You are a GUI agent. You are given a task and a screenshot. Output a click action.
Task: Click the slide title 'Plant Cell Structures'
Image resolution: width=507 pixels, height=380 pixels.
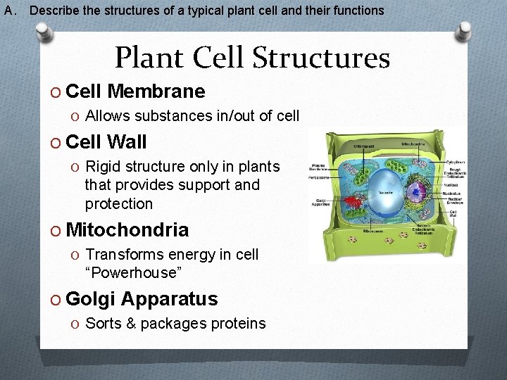(252, 58)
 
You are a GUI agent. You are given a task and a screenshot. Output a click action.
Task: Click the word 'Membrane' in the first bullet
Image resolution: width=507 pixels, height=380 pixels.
(158, 91)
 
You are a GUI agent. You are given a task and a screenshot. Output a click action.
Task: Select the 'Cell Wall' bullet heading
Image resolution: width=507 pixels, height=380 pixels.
(106, 142)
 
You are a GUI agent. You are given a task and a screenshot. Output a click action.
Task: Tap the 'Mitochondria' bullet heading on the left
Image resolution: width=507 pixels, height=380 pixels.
(127, 230)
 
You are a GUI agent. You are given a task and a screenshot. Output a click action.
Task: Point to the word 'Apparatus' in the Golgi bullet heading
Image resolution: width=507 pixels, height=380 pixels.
(169, 299)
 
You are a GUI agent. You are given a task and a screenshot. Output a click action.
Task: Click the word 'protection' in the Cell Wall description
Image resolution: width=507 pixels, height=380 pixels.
(118, 204)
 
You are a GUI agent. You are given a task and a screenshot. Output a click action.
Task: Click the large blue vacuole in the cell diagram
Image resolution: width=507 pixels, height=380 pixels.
(387, 190)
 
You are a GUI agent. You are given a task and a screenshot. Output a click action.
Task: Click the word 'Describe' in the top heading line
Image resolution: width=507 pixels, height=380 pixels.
(51, 11)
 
